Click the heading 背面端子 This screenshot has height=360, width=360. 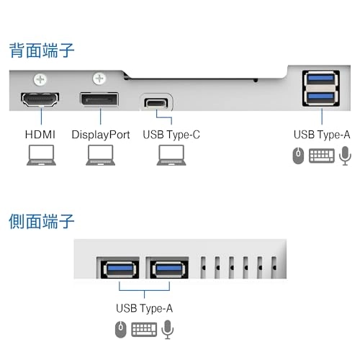tap(41, 51)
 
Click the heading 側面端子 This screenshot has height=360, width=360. tap(41, 220)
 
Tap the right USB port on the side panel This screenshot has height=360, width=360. tap(167, 270)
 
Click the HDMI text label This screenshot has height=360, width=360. tap(40, 135)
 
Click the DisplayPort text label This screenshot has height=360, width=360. tap(101, 135)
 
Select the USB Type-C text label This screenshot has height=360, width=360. tap(171, 135)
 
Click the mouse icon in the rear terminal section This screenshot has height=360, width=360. tap(298, 155)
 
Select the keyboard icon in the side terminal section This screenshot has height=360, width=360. tap(144, 329)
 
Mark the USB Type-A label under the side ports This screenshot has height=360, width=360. tap(145, 308)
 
